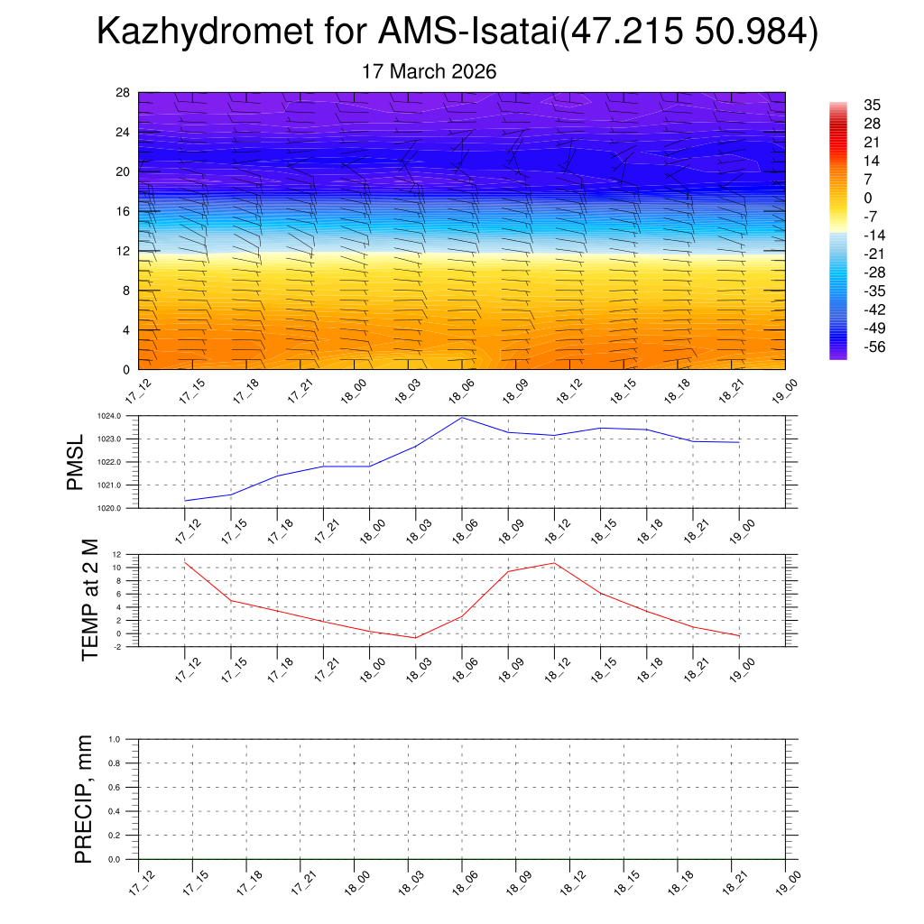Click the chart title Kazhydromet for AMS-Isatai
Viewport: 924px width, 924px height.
(x=457, y=32)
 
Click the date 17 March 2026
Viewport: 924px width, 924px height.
(x=430, y=71)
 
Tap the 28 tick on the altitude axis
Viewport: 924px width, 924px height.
(x=123, y=92)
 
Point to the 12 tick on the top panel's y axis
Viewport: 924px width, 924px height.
(x=123, y=251)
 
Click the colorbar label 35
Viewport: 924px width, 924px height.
(x=872, y=105)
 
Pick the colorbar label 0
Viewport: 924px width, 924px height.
(x=868, y=199)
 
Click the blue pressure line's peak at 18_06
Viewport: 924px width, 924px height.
(x=462, y=417)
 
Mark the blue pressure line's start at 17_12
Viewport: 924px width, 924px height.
(x=185, y=500)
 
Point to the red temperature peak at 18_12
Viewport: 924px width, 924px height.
(x=554, y=563)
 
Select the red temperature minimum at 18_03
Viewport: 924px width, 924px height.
(x=415, y=638)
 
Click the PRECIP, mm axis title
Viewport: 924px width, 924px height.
(x=84, y=799)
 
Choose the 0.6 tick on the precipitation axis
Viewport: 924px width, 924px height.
(x=115, y=787)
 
